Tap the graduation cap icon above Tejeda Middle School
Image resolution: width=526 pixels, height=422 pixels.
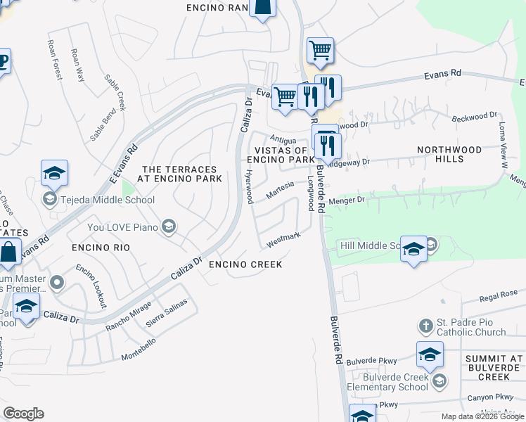pos(55,174)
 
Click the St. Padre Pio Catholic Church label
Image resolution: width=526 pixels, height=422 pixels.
pos(470,327)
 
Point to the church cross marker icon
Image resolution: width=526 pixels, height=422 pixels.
pos(425,326)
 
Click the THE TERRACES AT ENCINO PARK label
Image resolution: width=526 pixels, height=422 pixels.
pos(181,174)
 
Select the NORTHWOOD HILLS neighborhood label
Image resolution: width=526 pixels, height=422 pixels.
pos(449,154)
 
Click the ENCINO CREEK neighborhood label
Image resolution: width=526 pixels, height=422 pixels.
pos(245,264)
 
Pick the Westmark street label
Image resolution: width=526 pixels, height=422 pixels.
pos(283,241)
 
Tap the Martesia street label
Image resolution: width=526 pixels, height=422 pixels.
pos(279,189)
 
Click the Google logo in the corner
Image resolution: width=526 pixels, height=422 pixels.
pos(23,414)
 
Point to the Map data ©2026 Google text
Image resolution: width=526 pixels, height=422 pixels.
pos(482,416)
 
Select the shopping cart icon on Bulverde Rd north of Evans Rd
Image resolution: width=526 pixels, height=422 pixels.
pos(320,50)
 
